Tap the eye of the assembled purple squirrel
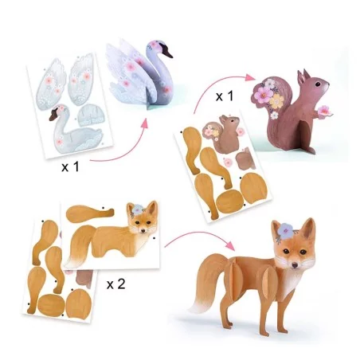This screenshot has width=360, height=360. pyautogui.click(x=318, y=84)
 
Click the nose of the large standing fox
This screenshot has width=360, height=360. pyautogui.click(x=295, y=264)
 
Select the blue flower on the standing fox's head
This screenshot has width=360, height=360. pyautogui.click(x=285, y=230)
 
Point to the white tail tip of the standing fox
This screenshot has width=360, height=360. pyautogui.click(x=198, y=306)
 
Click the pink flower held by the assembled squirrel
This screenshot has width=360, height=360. pyautogui.click(x=324, y=111)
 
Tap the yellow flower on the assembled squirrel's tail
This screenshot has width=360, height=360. pyautogui.click(x=276, y=101)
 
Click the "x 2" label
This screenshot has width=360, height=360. pyautogui.click(x=115, y=284)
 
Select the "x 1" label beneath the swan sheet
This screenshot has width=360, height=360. pyautogui.click(x=70, y=167)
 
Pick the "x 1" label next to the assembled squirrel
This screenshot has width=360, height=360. pyautogui.click(x=225, y=96)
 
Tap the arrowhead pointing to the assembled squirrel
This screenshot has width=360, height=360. pyautogui.click(x=249, y=77)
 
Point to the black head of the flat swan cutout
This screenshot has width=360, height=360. pyautogui.click(x=54, y=115)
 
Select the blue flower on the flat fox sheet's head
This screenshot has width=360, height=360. pyautogui.click(x=138, y=209)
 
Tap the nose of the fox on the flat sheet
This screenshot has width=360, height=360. pyautogui.click(x=143, y=231)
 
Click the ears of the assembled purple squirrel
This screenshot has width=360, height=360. pyautogui.click(x=303, y=76)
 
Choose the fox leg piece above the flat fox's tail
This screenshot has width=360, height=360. pyautogui.click(x=90, y=213)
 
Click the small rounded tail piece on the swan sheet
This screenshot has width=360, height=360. pyautogui.click(x=91, y=115)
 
